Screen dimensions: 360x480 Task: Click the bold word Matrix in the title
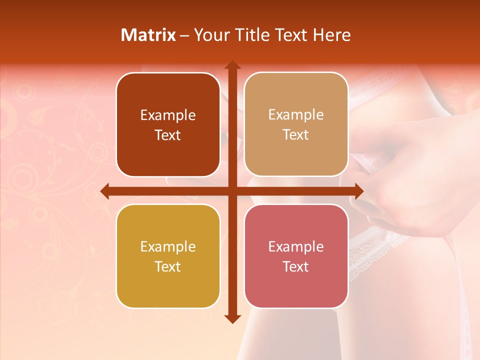148,35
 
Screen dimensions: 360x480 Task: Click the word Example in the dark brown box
168,115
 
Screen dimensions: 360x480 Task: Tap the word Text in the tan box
296,135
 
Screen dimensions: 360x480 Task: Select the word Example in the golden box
168,247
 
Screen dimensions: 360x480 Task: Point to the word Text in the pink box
296,266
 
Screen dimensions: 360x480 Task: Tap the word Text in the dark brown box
168,135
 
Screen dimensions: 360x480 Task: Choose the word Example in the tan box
296,115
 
